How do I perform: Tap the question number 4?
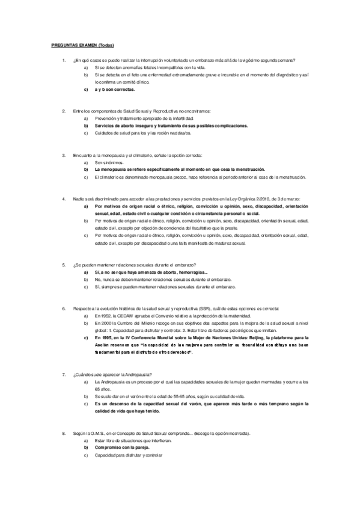64,198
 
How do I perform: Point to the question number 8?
64,434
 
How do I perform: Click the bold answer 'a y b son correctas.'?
115,89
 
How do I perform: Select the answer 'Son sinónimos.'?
109,162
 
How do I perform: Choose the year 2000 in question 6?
107,323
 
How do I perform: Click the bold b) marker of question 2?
86,126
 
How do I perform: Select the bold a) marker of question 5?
86,272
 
